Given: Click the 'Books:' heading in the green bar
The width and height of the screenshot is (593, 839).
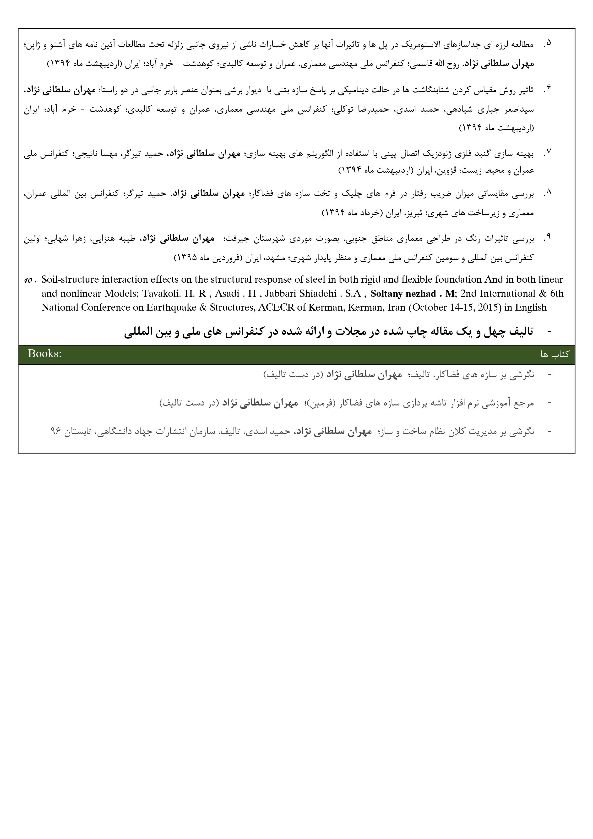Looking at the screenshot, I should (44, 354).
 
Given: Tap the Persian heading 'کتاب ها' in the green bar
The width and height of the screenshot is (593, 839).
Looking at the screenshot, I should (555, 354).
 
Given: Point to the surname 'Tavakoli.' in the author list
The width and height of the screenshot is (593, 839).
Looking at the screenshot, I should (159, 294).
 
